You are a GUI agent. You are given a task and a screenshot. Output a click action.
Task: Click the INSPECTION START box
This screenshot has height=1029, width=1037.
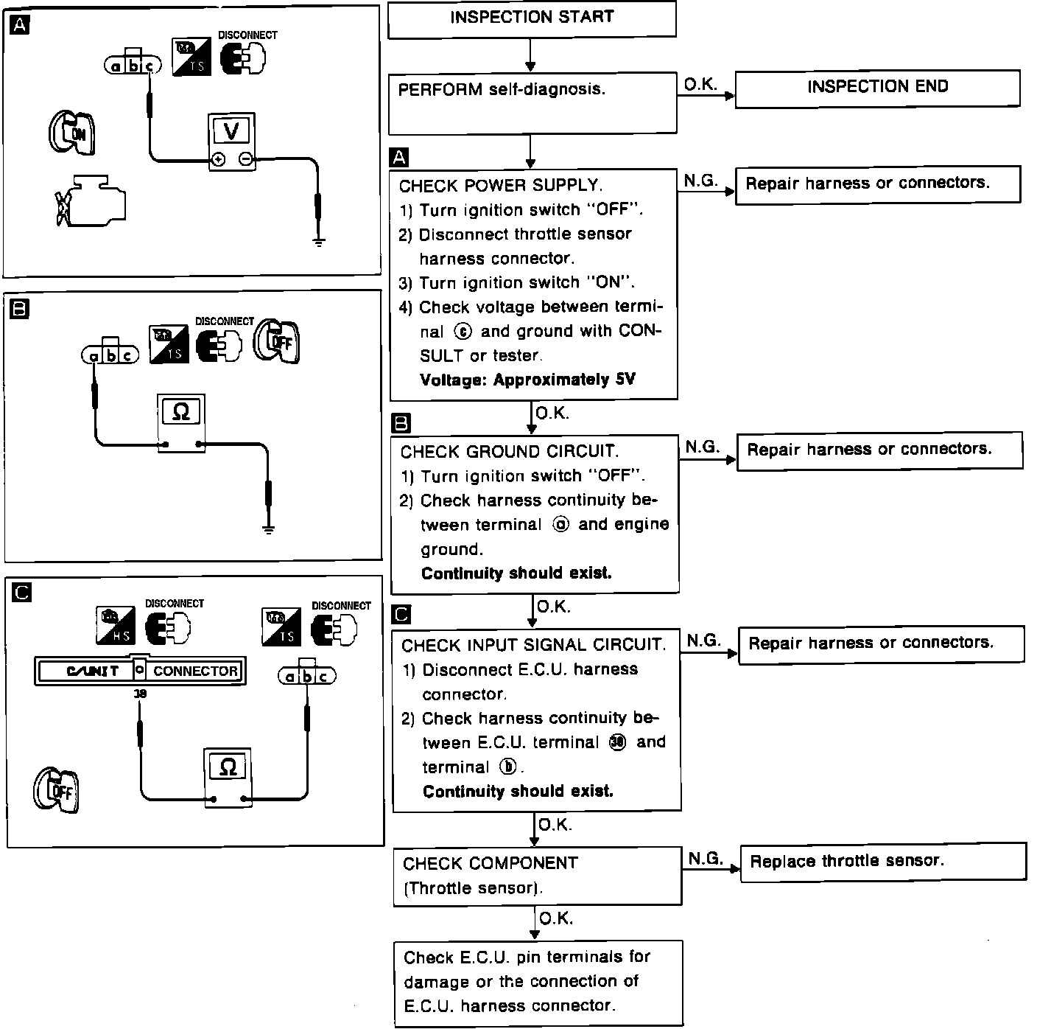[x=531, y=19]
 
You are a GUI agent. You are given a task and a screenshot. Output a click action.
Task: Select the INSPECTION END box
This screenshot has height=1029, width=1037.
[x=877, y=88]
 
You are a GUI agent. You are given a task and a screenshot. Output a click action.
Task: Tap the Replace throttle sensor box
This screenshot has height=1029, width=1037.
[x=882, y=861]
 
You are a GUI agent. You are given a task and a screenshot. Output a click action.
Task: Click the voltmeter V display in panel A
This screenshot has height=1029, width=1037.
[x=231, y=131]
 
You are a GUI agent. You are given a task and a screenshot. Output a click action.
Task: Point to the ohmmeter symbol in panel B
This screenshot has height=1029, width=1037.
[x=180, y=412]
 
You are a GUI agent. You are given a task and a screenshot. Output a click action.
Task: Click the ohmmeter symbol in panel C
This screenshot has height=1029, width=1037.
[x=228, y=767]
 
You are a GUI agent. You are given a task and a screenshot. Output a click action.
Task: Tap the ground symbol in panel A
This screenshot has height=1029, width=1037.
[x=318, y=240]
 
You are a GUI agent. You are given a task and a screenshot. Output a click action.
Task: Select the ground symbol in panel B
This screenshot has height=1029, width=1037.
[x=269, y=528]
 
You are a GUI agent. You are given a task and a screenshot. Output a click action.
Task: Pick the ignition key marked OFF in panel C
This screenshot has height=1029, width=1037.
[x=56, y=792]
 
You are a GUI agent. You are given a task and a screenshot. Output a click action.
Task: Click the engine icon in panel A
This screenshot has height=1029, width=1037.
[x=92, y=200]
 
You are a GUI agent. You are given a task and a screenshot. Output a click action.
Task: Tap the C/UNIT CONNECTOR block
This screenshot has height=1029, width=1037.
[x=139, y=671]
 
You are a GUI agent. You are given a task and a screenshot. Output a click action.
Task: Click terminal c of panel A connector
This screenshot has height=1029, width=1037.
[x=150, y=66]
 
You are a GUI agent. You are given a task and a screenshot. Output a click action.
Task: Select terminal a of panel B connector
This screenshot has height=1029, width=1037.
[x=94, y=356]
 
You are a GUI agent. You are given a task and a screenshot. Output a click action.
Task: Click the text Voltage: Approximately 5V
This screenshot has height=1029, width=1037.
[x=527, y=380]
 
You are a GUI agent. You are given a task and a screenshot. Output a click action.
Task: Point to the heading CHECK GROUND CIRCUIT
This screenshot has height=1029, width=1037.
[x=509, y=451]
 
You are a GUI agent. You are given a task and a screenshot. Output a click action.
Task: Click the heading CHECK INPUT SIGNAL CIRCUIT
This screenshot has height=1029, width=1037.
[x=533, y=645]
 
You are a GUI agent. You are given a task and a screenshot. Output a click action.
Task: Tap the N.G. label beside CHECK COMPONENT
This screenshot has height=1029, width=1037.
[x=706, y=858]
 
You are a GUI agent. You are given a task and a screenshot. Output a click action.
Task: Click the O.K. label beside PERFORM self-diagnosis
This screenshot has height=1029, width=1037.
[x=700, y=85]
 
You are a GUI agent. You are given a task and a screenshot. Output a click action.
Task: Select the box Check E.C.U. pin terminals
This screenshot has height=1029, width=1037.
[x=537, y=982]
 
